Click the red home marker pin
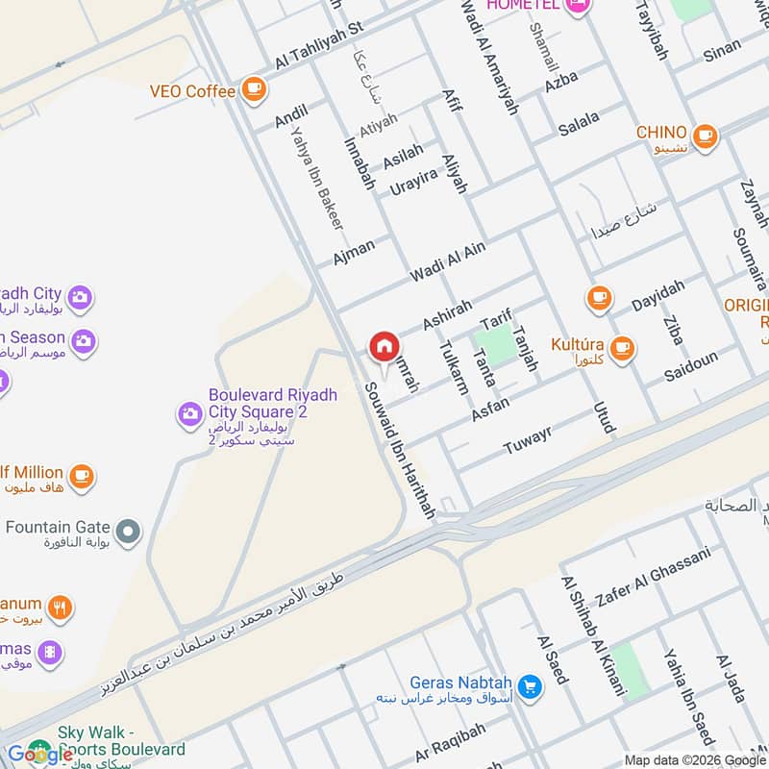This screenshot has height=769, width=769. (384, 347)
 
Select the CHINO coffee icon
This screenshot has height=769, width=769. (705, 136)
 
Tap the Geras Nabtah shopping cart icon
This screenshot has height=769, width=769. (529, 686)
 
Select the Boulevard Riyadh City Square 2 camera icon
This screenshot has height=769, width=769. (189, 414)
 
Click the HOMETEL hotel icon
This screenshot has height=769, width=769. (578, 8)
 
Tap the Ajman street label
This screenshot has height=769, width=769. (353, 252)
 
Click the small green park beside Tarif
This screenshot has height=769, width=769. (493, 344)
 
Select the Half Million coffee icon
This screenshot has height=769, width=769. (82, 475)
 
